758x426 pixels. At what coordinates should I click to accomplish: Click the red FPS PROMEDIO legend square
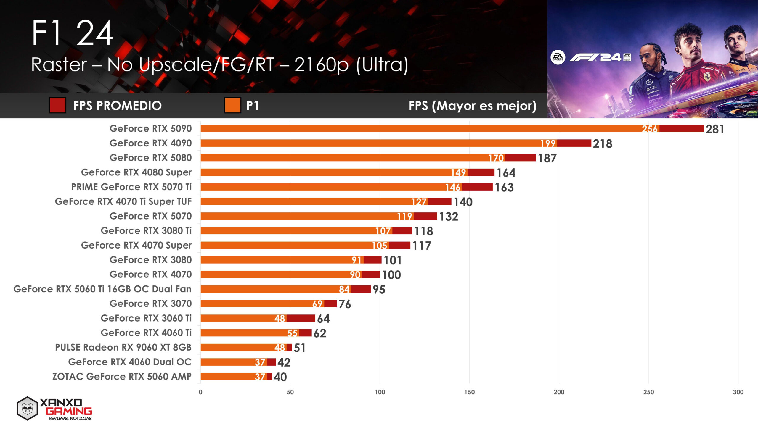point(57,105)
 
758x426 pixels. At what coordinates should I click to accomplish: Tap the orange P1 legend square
point(232,105)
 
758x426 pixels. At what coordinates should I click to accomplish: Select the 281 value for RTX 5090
point(715,129)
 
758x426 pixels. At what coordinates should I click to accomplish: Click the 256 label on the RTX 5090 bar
point(649,129)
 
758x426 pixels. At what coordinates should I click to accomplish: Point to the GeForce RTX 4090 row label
point(150,143)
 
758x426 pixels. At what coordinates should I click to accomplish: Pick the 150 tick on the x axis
point(469,392)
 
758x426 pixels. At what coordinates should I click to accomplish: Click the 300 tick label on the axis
point(738,392)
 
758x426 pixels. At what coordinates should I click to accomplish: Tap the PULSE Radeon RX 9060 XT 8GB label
point(123,347)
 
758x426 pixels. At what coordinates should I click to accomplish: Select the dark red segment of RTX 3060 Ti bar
point(301,318)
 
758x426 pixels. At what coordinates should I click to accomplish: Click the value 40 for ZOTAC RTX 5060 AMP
point(280,377)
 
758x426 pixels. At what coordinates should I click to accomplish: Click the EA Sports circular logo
point(558,57)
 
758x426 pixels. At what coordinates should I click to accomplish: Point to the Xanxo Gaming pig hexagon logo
point(27,409)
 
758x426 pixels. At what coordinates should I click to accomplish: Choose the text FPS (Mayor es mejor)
point(472,106)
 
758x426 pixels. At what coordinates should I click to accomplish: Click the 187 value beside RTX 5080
point(547,158)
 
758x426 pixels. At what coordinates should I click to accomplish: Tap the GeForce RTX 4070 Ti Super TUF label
point(123,201)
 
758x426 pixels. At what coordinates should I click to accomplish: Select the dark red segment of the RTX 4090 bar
point(574,143)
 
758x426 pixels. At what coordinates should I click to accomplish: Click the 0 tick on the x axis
point(200,392)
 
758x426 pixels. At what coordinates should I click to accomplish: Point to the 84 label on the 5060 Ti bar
point(344,289)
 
